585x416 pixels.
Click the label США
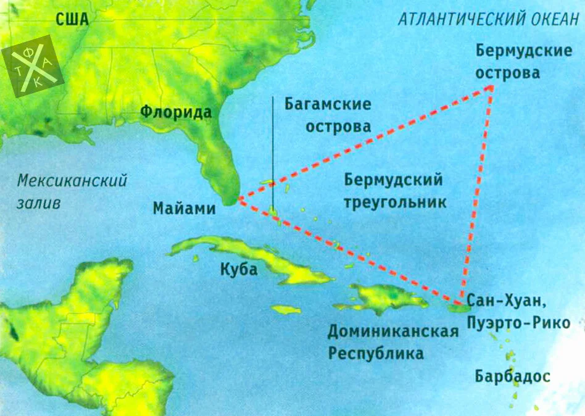[72, 20]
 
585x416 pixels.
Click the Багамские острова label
[328, 115]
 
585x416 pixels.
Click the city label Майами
[185, 209]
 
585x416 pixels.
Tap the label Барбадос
[512, 376]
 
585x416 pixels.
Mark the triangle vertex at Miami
[238, 200]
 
